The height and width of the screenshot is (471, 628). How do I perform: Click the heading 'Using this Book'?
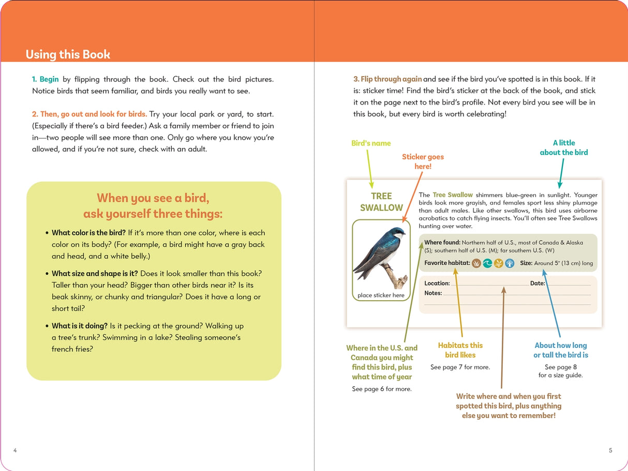pyautogui.click(x=68, y=54)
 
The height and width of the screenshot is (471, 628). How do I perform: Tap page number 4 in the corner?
pyautogui.click(x=15, y=450)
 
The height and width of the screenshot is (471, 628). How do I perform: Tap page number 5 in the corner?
pyautogui.click(x=610, y=450)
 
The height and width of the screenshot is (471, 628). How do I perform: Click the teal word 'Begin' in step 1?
pyautogui.click(x=49, y=79)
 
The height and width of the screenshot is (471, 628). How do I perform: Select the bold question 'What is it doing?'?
pyautogui.click(x=80, y=326)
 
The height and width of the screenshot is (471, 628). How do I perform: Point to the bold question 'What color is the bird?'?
pyautogui.click(x=88, y=233)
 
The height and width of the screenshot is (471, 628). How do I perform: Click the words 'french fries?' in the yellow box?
pyautogui.click(x=72, y=349)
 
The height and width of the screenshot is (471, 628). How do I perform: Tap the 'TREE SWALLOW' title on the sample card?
pyautogui.click(x=381, y=202)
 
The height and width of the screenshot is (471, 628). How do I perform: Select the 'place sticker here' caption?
pyautogui.click(x=381, y=296)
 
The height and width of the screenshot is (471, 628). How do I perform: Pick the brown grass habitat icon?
pyautogui.click(x=476, y=263)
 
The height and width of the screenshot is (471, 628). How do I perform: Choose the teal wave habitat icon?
pyautogui.click(x=487, y=263)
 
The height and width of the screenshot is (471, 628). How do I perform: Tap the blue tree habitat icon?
pyautogui.click(x=510, y=263)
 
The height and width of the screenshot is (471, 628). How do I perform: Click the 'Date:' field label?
pyautogui.click(x=537, y=283)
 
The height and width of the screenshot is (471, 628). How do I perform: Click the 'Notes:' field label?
pyautogui.click(x=433, y=293)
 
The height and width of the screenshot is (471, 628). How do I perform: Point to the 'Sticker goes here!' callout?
pyautogui.click(x=423, y=161)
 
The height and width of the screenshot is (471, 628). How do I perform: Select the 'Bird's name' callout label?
pyautogui.click(x=371, y=143)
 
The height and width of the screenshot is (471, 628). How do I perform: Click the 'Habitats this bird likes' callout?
pyautogui.click(x=460, y=350)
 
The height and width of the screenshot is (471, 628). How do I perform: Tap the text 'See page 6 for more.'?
pyautogui.click(x=382, y=389)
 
